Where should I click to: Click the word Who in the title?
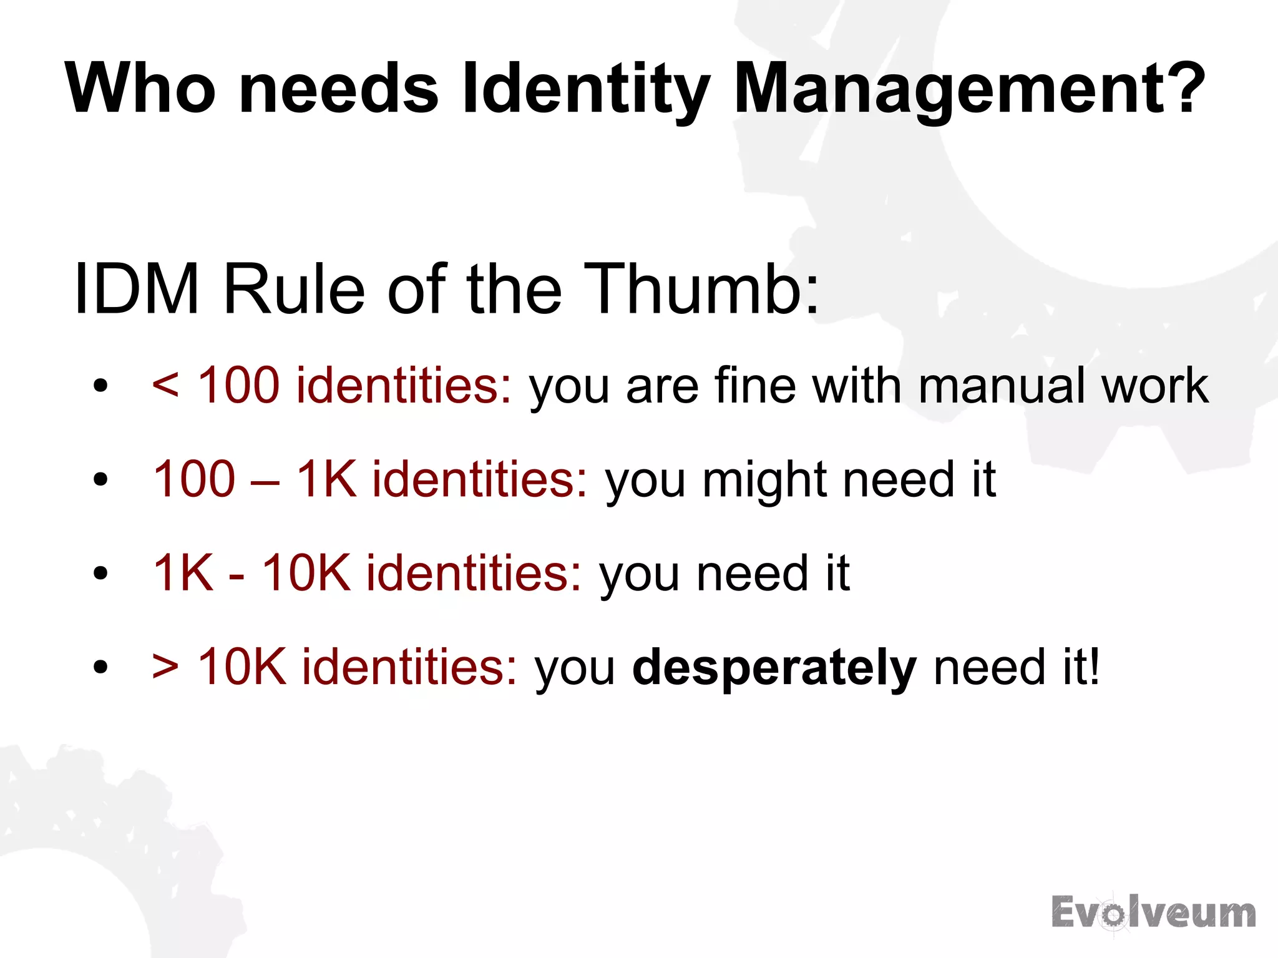(140, 89)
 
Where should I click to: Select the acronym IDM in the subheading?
(136, 289)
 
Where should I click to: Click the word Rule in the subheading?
(294, 289)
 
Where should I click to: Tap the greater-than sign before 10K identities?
(165, 667)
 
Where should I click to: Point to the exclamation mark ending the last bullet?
(1091, 667)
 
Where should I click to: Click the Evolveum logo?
(1153, 913)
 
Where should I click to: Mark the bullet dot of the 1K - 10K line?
(100, 574)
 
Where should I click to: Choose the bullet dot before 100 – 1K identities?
(100, 480)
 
